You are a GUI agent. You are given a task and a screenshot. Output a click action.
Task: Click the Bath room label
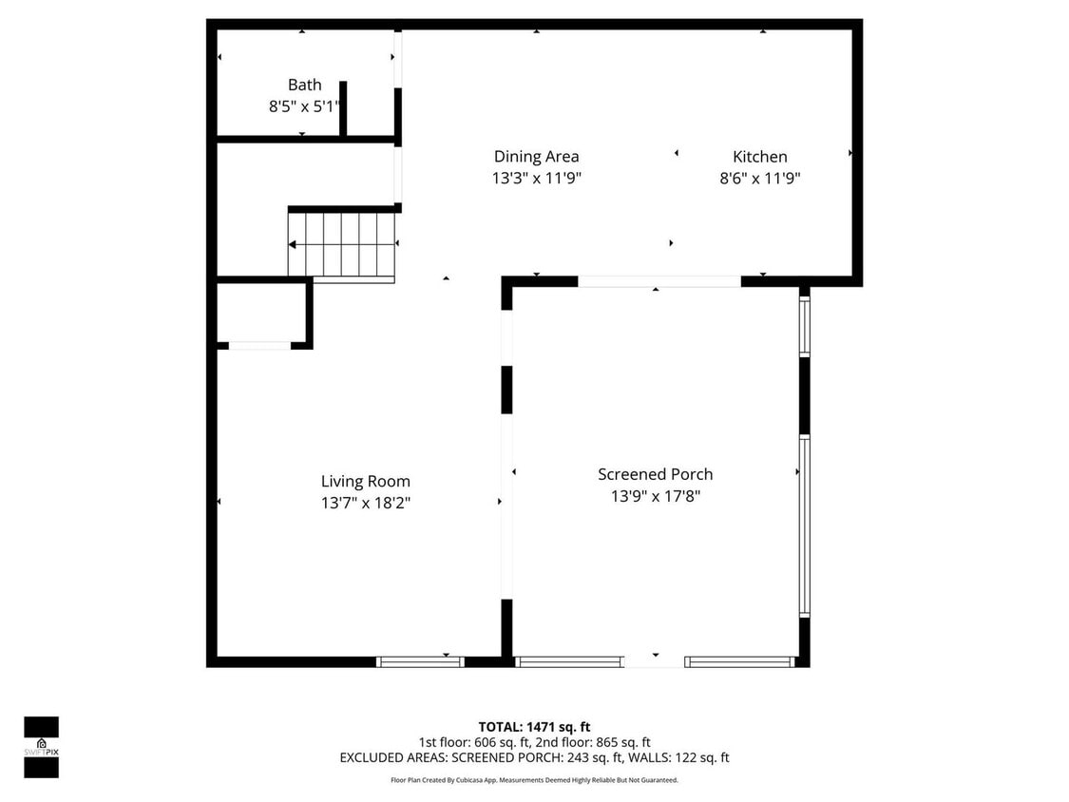[304, 86]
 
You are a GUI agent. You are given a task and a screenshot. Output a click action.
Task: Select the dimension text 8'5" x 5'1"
[304, 107]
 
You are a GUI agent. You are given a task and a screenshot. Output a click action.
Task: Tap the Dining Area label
[536, 157]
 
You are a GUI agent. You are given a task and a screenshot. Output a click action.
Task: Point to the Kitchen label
[759, 157]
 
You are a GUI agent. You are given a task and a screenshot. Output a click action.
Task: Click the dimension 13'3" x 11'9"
[536, 178]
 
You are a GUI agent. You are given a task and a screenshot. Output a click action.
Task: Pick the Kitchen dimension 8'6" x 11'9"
[759, 178]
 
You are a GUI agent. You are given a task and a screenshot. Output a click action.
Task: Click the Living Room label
[365, 482]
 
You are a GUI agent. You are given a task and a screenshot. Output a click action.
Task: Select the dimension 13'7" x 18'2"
[365, 503]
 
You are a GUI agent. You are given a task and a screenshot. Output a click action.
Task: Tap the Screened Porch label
[655, 474]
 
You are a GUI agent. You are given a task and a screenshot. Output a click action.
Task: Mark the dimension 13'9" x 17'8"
[655, 495]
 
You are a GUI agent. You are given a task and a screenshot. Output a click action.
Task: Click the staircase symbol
[342, 245]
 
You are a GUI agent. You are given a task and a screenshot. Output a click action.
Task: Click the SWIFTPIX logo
[41, 747]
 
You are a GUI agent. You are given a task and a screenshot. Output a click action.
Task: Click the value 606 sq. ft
[486, 742]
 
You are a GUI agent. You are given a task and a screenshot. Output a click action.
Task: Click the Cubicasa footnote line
[534, 780]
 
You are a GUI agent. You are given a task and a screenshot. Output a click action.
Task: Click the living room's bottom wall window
[419, 661]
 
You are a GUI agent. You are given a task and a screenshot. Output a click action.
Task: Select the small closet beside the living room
[260, 313]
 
